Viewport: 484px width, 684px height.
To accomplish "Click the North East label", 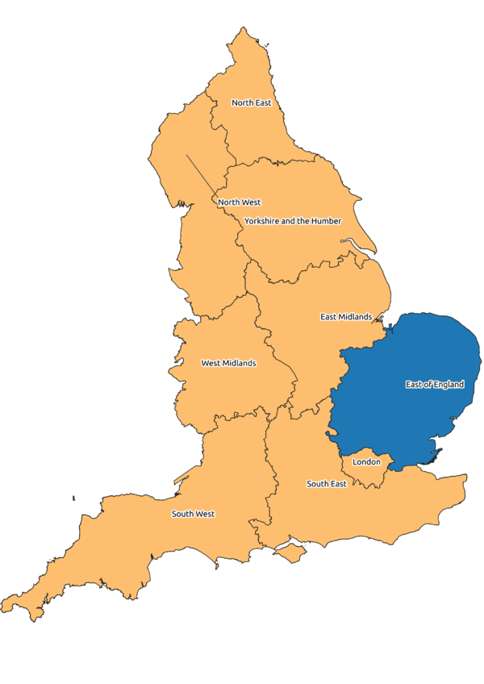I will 251,103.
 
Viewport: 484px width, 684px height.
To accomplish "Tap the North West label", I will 239,202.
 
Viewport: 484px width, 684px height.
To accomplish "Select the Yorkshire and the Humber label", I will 293,221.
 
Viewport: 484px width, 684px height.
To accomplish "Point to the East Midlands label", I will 346,317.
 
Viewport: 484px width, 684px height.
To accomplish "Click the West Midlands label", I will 228,364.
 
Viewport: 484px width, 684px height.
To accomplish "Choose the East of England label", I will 435,385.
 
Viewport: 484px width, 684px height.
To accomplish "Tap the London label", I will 366,462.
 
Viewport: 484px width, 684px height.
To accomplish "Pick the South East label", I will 327,484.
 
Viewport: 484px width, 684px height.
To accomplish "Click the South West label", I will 193,514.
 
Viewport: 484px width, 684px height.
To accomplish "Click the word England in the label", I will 449,385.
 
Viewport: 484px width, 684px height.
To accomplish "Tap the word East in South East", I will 338,484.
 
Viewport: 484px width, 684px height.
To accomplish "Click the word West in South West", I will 205,514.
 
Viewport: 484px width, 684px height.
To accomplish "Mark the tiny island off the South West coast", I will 73,498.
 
